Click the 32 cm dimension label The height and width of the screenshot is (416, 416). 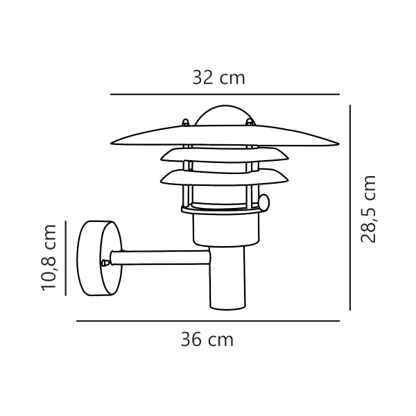tap(218, 78)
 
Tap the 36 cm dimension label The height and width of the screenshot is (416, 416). tap(207, 339)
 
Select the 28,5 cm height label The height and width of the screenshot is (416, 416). tap(368, 208)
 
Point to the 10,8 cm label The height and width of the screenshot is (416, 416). tap(49, 257)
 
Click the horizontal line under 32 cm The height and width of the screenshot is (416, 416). tap(225, 94)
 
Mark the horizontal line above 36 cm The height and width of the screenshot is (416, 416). tap(207, 321)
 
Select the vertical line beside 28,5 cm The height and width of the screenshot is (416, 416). tap(350, 208)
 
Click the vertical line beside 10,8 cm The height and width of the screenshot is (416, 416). tap(65, 257)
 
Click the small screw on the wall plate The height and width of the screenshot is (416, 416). tap(105, 263)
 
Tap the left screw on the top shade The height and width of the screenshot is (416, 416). tap(185, 123)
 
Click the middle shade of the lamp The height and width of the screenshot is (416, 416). tap(222, 153)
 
